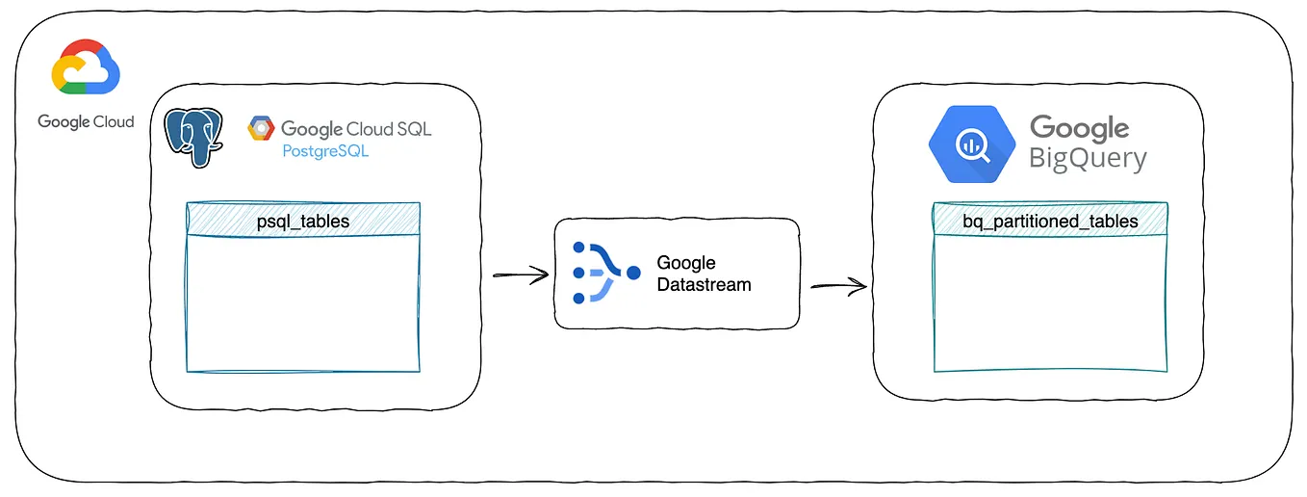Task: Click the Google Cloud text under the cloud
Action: click(x=86, y=121)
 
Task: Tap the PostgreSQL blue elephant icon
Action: click(x=193, y=138)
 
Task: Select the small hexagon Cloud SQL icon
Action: click(x=260, y=128)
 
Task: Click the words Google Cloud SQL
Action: click(x=356, y=128)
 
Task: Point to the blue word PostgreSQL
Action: click(x=325, y=151)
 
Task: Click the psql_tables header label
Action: click(x=303, y=221)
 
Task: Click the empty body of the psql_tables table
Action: click(x=303, y=303)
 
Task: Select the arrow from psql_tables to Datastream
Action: click(x=520, y=275)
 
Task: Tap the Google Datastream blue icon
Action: click(x=604, y=274)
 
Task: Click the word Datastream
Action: click(x=704, y=284)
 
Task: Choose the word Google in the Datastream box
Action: click(x=685, y=263)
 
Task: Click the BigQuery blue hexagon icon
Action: click(x=972, y=144)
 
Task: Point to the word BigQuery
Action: click(x=1088, y=158)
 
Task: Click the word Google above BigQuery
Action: click(x=1079, y=128)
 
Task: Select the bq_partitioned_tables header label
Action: click(x=1050, y=221)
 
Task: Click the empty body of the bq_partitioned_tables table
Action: click(x=1050, y=303)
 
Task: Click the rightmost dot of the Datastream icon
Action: click(x=632, y=274)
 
